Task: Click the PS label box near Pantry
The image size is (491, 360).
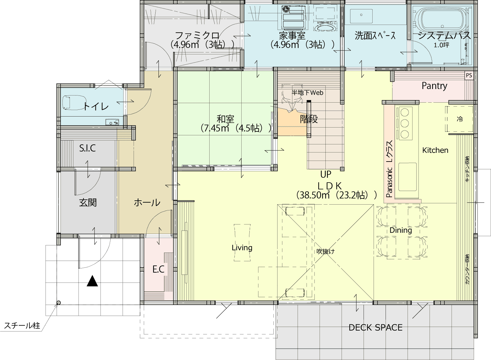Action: click(469, 75)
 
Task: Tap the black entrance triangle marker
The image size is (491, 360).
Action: click(92, 281)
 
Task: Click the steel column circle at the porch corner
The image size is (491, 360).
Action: click(59, 303)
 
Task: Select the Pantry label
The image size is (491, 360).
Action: click(434, 86)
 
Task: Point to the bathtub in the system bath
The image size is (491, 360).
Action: click(441, 20)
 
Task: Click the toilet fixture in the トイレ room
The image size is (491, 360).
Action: click(70, 102)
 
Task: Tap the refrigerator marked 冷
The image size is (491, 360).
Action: click(459, 119)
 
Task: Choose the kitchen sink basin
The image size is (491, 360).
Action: click(407, 177)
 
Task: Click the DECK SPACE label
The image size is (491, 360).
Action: click(376, 328)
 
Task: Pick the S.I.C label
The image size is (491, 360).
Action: click(87, 148)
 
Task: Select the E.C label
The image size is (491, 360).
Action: click(158, 269)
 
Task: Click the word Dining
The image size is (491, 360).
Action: click(401, 231)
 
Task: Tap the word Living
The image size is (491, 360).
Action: click(242, 248)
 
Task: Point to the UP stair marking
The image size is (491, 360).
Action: click(326, 174)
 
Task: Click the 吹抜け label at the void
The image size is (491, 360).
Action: click(325, 252)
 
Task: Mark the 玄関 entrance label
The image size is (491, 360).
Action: click(88, 202)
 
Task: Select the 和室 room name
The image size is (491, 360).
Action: click(225, 119)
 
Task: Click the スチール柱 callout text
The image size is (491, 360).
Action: click(22, 326)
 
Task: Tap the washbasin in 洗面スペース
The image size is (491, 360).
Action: click(361, 16)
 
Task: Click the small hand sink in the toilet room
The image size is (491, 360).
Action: click(112, 122)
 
